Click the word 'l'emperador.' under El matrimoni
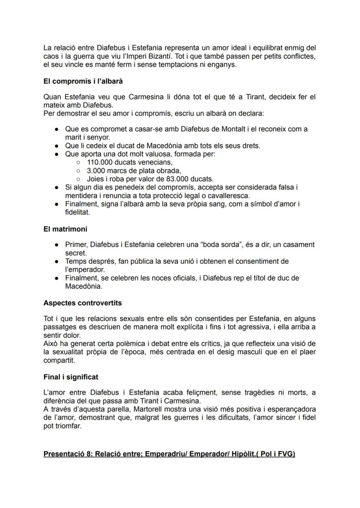coord(85,269)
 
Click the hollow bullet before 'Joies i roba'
coord(78,179)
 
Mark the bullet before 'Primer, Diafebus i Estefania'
coord(57,245)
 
